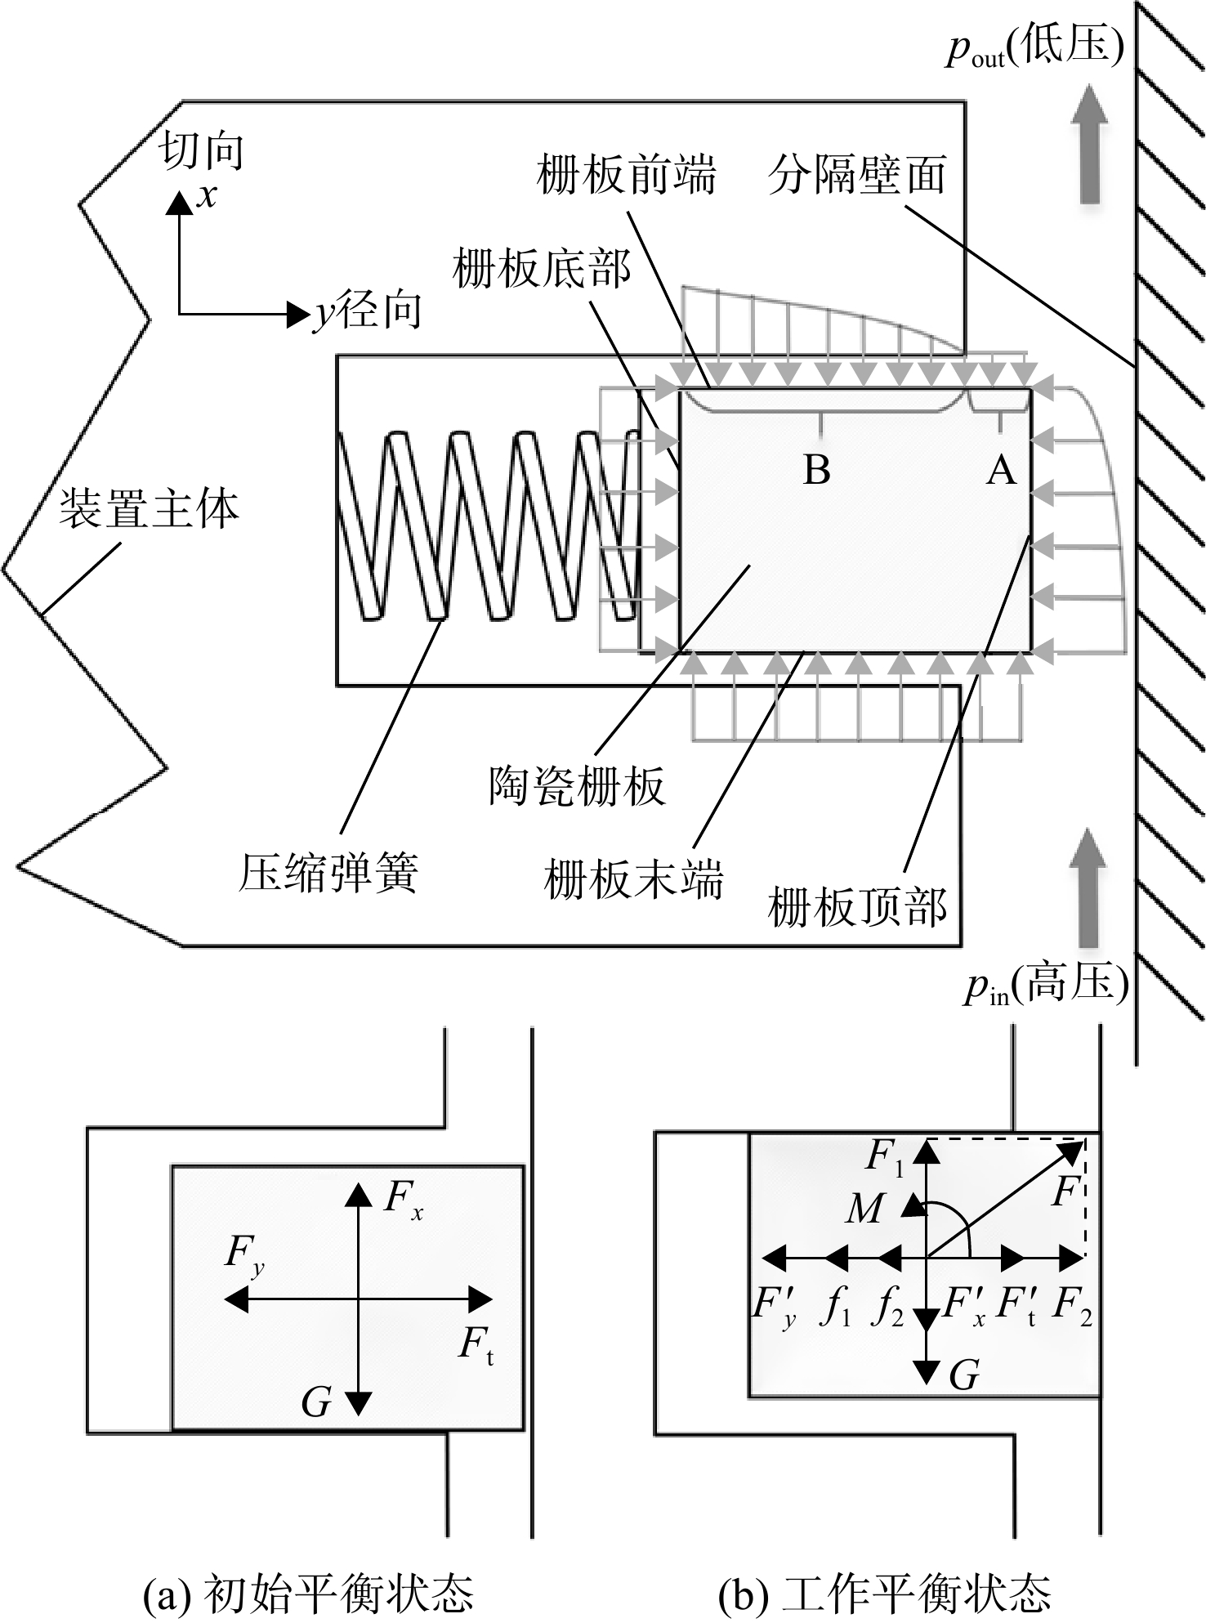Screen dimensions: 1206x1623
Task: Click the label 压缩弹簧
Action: [328, 874]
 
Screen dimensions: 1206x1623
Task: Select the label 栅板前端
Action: [627, 175]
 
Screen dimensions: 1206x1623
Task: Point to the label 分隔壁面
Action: [857, 175]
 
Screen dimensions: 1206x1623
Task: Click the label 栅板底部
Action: [542, 269]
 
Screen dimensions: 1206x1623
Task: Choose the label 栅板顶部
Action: [857, 908]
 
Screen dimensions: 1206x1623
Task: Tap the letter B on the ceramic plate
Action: [817, 470]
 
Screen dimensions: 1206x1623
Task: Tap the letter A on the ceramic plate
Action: [1002, 470]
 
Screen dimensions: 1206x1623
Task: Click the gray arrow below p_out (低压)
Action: [1089, 144]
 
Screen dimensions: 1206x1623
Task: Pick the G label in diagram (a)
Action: [316, 1403]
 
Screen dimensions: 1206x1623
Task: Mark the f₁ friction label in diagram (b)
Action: [835, 1308]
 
